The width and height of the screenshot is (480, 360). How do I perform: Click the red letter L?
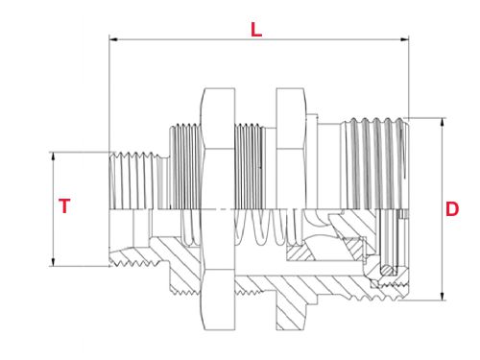[x=256, y=30]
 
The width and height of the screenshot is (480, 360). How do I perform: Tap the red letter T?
[x=64, y=205]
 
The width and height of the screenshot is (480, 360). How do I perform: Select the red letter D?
[x=452, y=209]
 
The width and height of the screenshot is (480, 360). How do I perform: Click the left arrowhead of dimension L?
[x=113, y=39]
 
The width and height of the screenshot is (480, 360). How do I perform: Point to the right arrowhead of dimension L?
[x=404, y=39]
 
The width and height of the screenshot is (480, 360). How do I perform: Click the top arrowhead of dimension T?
[x=53, y=156]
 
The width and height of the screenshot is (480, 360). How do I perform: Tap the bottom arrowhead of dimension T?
[x=53, y=262]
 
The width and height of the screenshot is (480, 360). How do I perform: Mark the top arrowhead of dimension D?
[x=443, y=123]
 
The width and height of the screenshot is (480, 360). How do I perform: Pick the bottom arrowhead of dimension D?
[x=443, y=296]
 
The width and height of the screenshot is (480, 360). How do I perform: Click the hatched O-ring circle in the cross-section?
[x=387, y=271]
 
